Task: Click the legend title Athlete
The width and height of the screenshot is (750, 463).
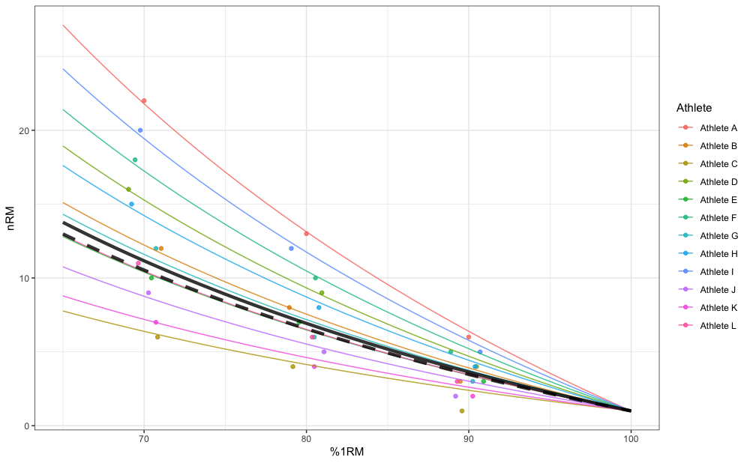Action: [x=694, y=108]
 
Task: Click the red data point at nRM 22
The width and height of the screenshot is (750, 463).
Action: [x=144, y=101]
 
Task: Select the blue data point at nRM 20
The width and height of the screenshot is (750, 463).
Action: [x=140, y=130]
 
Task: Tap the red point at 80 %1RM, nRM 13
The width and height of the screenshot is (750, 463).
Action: [x=306, y=234]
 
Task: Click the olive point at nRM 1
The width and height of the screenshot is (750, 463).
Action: [x=462, y=411]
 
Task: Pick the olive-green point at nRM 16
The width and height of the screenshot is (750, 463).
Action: [x=128, y=190]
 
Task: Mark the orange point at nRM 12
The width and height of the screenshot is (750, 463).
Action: [x=160, y=249]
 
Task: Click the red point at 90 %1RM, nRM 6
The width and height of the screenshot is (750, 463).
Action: [x=469, y=337]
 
